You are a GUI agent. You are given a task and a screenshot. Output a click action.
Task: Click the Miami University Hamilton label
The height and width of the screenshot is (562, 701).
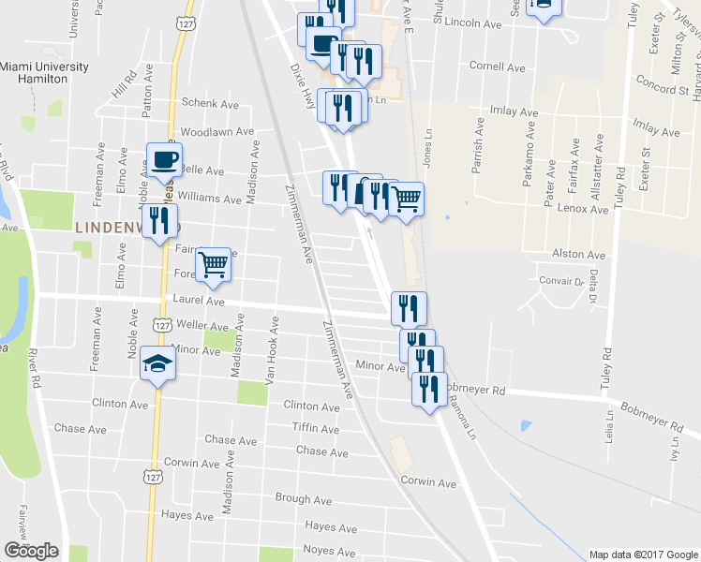[x=44, y=73]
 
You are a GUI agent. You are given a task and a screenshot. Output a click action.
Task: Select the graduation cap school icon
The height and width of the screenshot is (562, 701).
[x=158, y=365]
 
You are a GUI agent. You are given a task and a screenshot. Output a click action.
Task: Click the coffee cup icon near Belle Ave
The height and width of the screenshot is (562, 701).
[x=164, y=161]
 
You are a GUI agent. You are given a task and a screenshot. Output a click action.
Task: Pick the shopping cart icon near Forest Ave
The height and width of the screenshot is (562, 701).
[x=213, y=265]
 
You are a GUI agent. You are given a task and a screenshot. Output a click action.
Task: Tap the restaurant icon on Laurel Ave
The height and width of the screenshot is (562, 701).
[x=409, y=308]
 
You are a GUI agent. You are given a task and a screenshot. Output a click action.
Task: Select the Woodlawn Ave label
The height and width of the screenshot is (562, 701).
[x=217, y=133]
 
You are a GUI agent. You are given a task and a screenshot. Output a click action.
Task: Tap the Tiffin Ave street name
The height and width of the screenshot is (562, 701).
[x=314, y=428]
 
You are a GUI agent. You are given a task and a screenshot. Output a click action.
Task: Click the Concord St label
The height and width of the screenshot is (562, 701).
[x=663, y=89]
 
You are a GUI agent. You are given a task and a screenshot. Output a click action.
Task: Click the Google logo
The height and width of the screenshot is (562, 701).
[x=31, y=551]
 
